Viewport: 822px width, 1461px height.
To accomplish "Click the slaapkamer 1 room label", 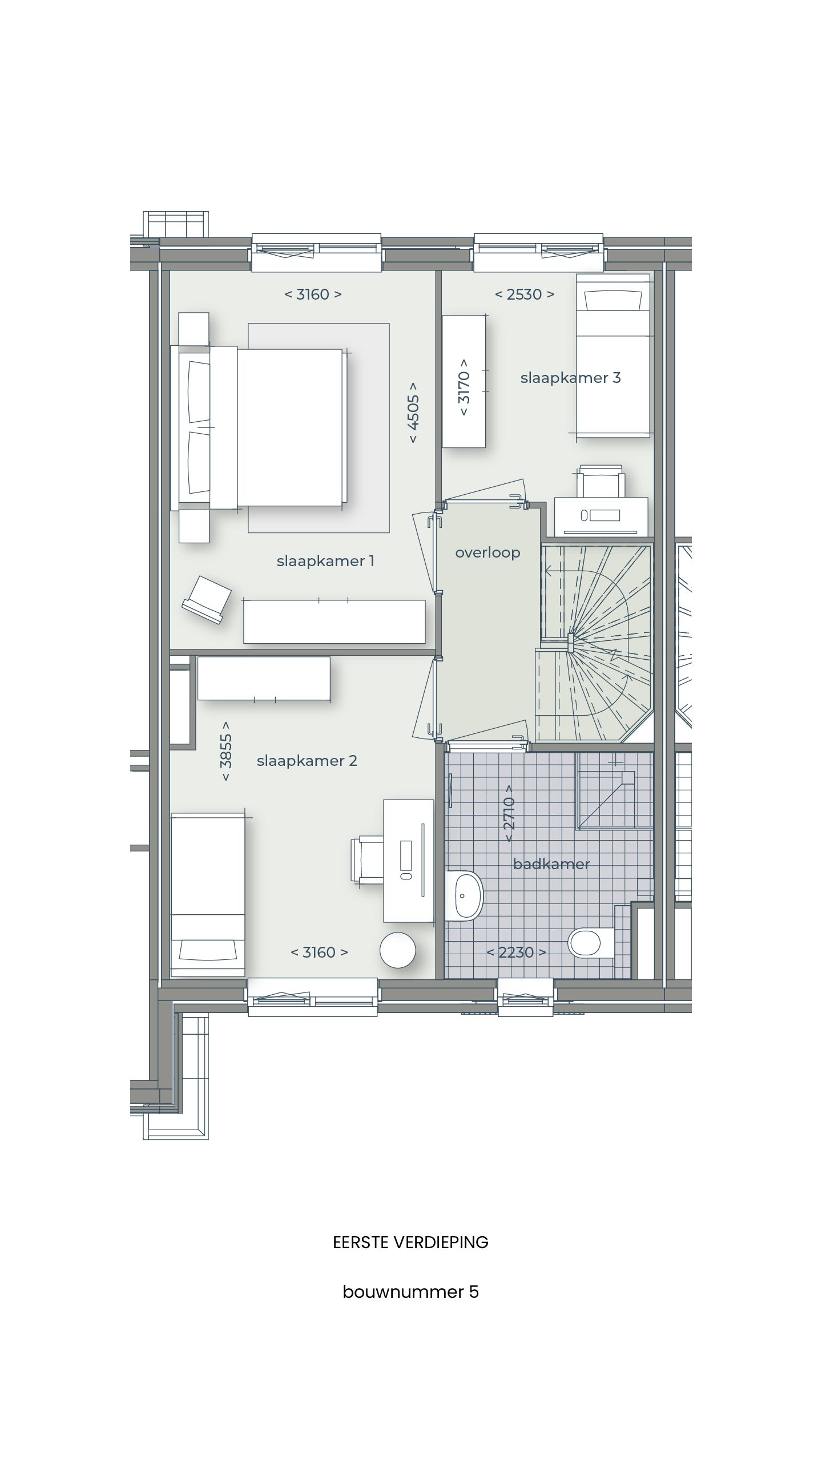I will (x=325, y=561).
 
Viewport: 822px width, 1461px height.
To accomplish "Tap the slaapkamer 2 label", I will (x=307, y=761).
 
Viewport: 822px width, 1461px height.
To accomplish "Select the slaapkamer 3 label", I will (x=570, y=378).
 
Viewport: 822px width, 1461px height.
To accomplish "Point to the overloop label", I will (x=487, y=552).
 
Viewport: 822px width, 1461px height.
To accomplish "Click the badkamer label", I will (x=551, y=864).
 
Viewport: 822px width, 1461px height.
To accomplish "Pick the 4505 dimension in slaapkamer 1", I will (x=413, y=412).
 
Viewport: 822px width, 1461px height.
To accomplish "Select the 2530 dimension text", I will (x=524, y=294).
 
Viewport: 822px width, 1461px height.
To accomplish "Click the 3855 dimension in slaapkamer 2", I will (x=226, y=751).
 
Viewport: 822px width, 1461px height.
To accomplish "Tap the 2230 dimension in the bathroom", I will (x=516, y=952).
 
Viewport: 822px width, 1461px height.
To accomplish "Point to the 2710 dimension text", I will (x=509, y=813).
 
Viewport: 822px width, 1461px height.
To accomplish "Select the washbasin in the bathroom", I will (x=465, y=896).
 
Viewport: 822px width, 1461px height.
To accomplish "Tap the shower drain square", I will (x=628, y=777).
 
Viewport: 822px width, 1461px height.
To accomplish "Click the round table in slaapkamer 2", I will (x=398, y=950).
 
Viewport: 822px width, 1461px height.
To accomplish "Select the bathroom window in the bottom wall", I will (x=526, y=997).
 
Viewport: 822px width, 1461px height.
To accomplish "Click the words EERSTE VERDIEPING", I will (x=410, y=1242).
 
